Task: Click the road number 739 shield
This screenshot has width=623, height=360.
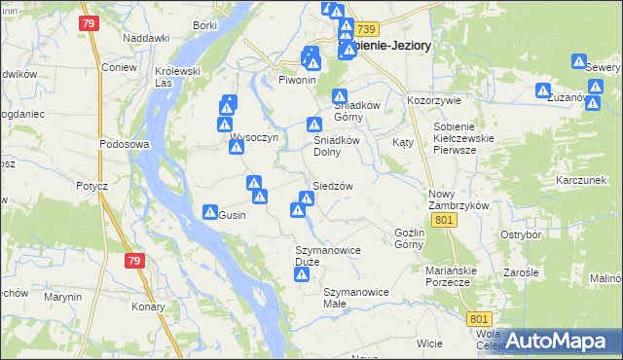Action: (365, 31)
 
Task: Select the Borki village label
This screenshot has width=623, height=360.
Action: (205, 24)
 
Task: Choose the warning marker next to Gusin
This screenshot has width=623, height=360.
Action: (209, 212)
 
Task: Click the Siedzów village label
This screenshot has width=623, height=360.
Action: (332, 186)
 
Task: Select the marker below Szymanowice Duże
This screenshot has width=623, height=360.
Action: (302, 275)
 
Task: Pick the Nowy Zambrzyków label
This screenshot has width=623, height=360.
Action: (458, 199)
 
